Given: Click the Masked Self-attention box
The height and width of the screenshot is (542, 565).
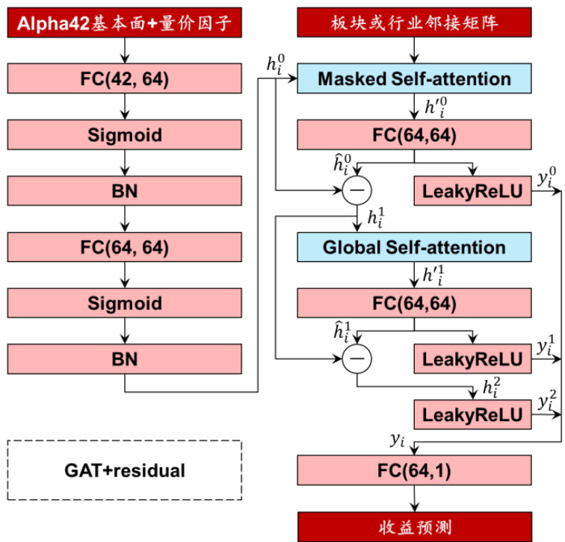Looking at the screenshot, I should (x=415, y=78).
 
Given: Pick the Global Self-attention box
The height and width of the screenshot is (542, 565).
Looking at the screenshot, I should (x=415, y=247).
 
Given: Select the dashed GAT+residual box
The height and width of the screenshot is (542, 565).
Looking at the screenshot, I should (x=125, y=470).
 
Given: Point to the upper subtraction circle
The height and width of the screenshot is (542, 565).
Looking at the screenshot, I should (x=356, y=191).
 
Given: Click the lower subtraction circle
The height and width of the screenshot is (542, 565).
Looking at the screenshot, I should (x=356, y=360).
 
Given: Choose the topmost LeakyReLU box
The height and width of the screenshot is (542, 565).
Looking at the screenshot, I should (x=472, y=191).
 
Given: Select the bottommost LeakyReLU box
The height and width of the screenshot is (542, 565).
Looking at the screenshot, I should (x=472, y=414).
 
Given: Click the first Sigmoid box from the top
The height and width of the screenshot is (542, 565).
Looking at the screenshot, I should (x=125, y=134).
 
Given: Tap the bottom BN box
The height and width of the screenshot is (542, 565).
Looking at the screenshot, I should (x=125, y=358).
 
